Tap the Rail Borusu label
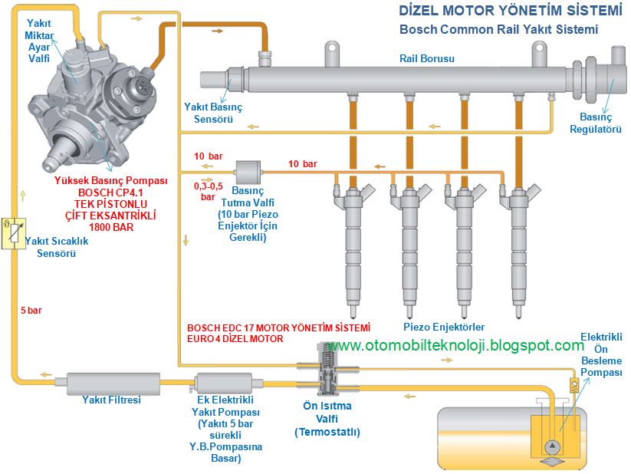(x=428, y=58)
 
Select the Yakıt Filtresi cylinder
(x=111, y=381)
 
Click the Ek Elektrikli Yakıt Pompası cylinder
(x=224, y=381)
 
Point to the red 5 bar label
(x=31, y=311)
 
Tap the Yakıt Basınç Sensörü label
(x=212, y=114)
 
